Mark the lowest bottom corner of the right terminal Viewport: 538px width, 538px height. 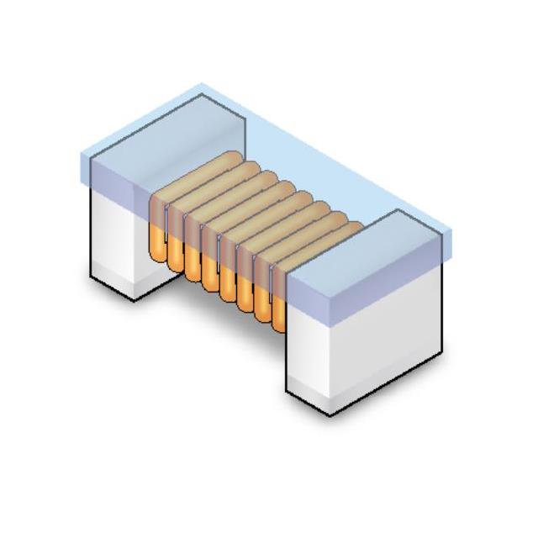coord(330,414)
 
